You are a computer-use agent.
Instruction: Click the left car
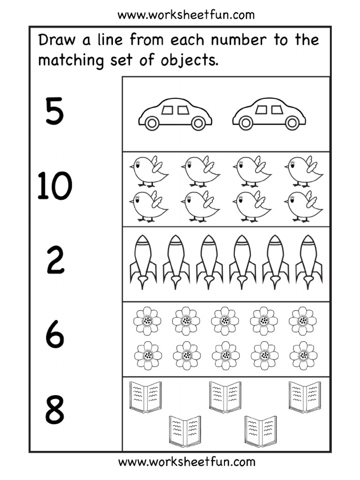coord(175,114)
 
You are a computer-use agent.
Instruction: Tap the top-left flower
coord(147,321)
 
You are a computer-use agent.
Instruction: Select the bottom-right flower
coord(303,355)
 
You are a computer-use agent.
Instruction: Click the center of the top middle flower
coord(225,321)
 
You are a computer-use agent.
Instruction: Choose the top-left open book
coord(145,397)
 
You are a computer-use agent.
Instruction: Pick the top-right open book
coord(305,397)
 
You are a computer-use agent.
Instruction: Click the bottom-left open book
coord(185,431)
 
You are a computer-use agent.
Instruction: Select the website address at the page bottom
coord(187,462)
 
